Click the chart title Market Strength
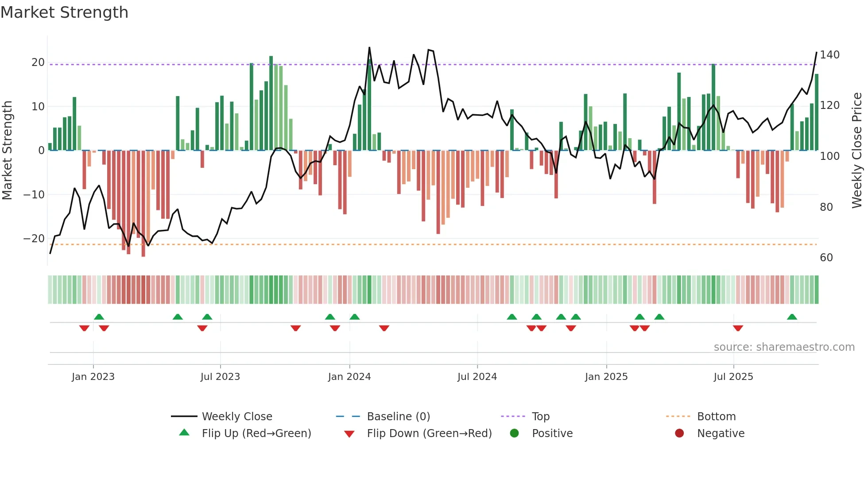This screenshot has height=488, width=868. coord(64,12)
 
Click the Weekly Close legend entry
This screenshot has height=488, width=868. coord(237,416)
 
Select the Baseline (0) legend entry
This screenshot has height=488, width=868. coord(398,416)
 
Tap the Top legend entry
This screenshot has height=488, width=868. coord(540,416)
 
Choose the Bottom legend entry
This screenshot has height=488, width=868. coord(716,416)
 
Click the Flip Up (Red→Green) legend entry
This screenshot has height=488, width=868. coord(256,433)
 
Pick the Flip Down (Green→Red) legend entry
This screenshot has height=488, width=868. coord(429,433)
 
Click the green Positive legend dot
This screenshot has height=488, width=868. coord(514,433)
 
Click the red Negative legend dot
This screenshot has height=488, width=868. coord(679,433)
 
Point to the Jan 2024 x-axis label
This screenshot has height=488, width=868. coord(349,377)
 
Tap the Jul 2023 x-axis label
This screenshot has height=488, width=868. coord(220,377)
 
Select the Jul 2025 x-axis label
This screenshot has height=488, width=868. coord(733,377)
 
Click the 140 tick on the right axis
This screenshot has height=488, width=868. coord(829,55)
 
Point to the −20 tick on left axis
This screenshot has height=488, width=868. coord(34,239)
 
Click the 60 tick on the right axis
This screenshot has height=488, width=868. coord(826,258)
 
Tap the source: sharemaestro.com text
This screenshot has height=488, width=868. coord(784,347)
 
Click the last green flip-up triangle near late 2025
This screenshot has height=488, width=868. coord(792,317)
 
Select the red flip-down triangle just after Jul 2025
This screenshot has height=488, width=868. coord(738,328)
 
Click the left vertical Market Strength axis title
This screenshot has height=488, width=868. coord(8,151)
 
